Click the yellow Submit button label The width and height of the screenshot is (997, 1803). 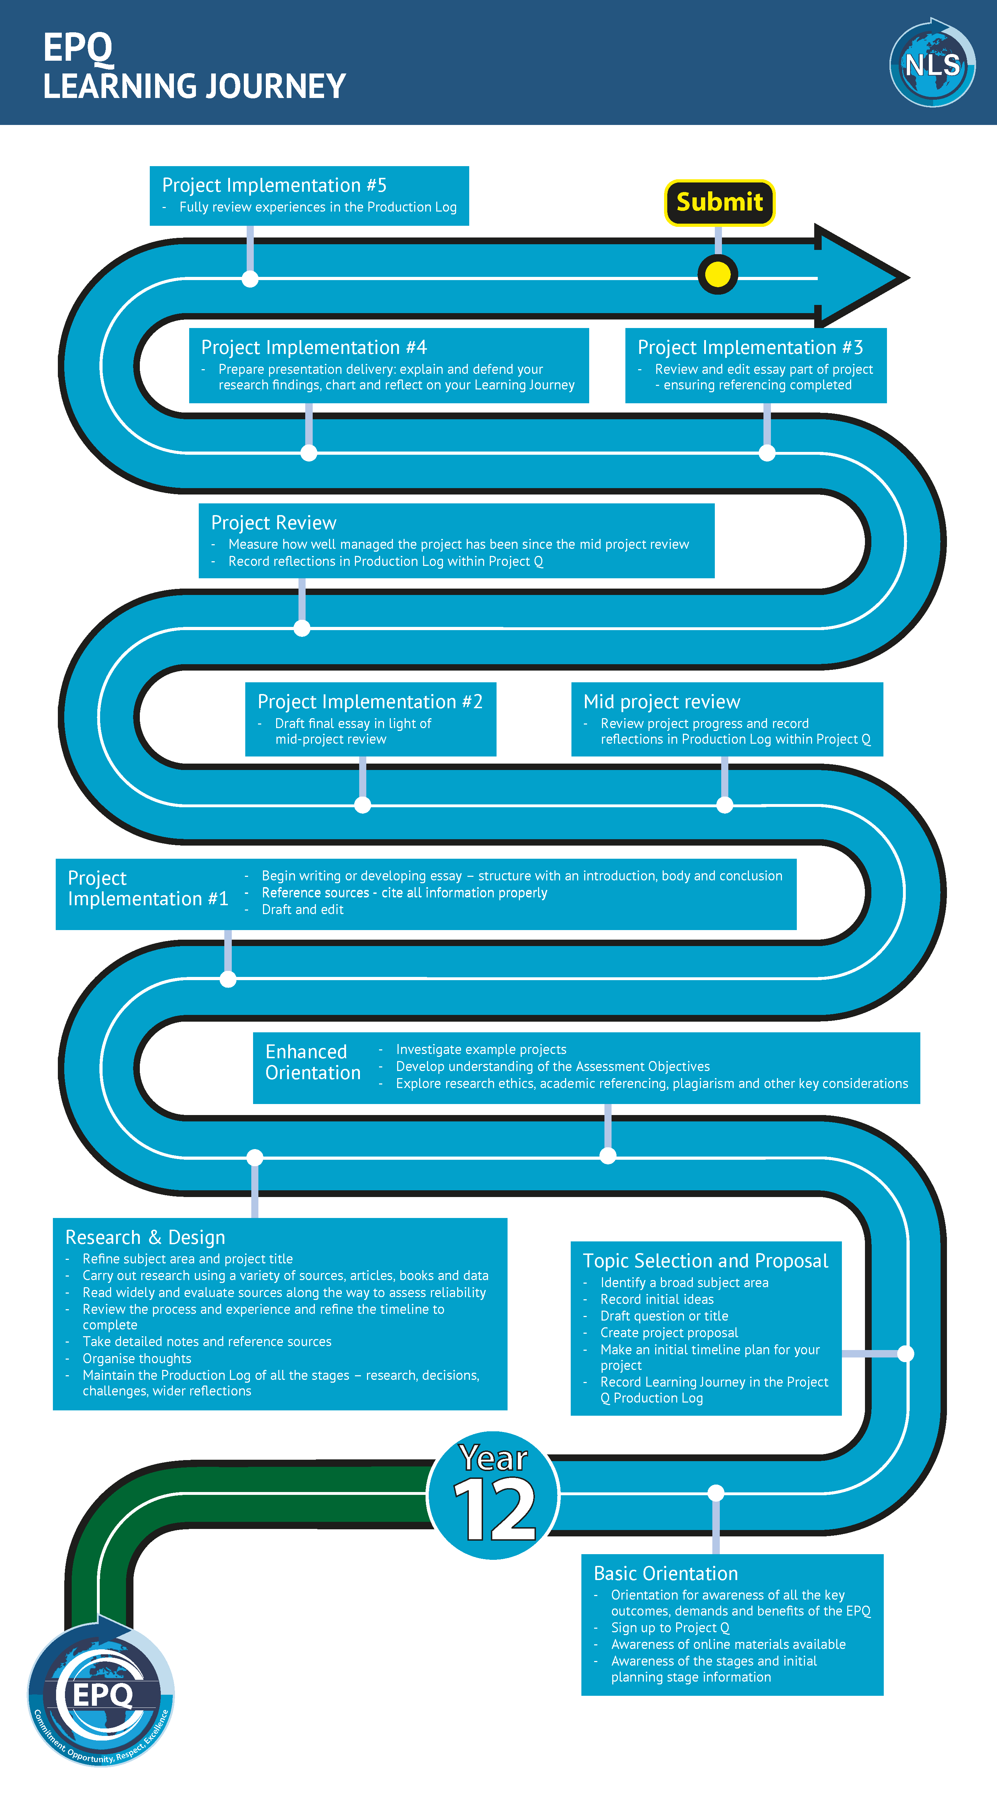(x=719, y=202)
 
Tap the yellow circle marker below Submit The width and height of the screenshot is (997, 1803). (x=718, y=274)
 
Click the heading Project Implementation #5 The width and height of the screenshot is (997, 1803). (x=274, y=185)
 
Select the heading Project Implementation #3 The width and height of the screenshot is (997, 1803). (x=750, y=348)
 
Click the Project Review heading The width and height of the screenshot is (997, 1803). (x=274, y=523)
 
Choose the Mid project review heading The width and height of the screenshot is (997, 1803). (x=661, y=702)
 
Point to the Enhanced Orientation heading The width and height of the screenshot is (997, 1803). (x=313, y=1062)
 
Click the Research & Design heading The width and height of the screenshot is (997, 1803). (x=145, y=1237)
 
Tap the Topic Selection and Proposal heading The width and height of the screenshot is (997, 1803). (x=705, y=1261)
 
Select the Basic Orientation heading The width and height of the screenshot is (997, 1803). (x=665, y=1573)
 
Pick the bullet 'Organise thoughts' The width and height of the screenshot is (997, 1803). (x=137, y=1359)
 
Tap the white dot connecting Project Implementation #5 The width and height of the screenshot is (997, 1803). (x=250, y=279)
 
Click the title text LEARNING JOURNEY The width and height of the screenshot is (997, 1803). (x=195, y=87)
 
